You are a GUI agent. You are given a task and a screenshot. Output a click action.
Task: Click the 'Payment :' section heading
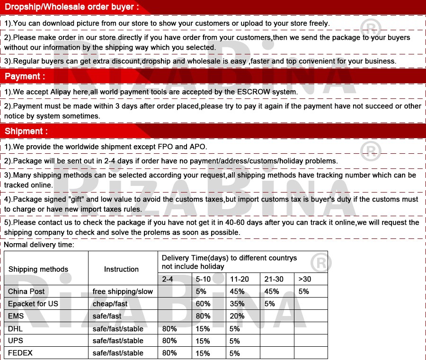point(25,76)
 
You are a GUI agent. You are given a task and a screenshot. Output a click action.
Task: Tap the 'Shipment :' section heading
point(27,131)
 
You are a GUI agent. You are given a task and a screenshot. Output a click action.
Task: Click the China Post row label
point(27,291)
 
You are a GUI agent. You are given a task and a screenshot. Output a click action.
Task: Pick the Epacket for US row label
point(33,304)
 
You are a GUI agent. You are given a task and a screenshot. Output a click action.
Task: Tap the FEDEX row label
point(20,353)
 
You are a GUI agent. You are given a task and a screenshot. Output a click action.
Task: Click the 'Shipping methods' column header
point(38,269)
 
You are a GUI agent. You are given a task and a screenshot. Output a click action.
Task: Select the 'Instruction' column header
point(121,269)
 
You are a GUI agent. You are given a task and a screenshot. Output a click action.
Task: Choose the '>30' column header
point(305,279)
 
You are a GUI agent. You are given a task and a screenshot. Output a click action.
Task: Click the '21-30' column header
point(274,279)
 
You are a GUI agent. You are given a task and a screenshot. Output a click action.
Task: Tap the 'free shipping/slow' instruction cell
point(123,291)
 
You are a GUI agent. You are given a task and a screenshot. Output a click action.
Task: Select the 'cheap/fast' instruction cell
point(110,304)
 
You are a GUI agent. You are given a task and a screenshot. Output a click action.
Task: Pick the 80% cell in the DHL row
point(169,328)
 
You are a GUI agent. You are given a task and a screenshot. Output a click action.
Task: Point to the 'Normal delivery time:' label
point(39,245)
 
